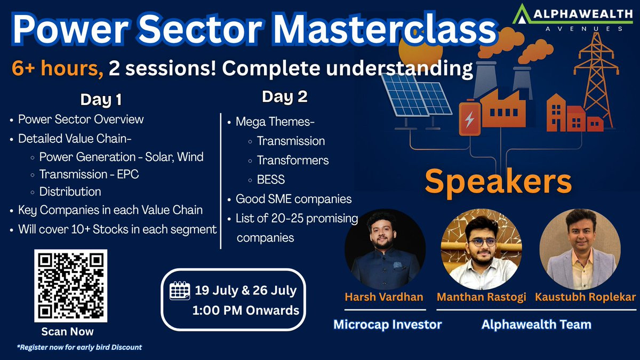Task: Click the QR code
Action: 71,286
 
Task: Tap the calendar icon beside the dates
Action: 180,291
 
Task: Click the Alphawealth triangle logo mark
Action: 522,14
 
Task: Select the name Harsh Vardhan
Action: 383,297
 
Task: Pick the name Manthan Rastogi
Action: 482,297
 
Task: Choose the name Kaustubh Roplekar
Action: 585,297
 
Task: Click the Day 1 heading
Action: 101,100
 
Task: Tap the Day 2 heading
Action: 285,97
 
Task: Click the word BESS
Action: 271,180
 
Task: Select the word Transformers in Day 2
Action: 293,161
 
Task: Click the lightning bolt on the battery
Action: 469,119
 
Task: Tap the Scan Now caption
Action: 67,331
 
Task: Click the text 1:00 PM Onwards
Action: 246,310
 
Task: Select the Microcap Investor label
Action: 387,325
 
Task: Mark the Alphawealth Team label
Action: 537,325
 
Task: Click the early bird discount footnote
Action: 79,347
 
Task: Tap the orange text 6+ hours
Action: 58,68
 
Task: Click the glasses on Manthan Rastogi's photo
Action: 482,242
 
